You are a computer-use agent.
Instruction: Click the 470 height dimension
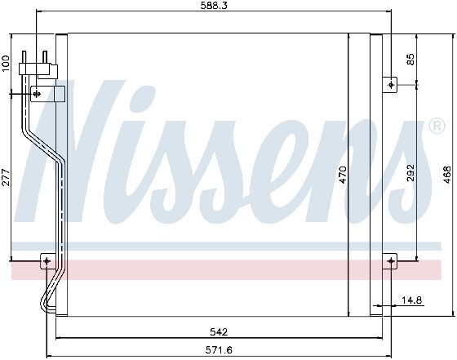(344, 173)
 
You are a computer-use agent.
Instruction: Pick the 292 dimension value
(411, 173)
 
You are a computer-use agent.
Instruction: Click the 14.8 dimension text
(412, 301)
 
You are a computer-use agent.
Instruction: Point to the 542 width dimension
(218, 331)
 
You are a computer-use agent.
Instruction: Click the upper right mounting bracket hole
(391, 84)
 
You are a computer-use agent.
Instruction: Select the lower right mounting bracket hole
(391, 261)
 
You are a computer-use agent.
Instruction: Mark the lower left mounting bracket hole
(46, 261)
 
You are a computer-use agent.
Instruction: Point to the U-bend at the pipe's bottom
(44, 306)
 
